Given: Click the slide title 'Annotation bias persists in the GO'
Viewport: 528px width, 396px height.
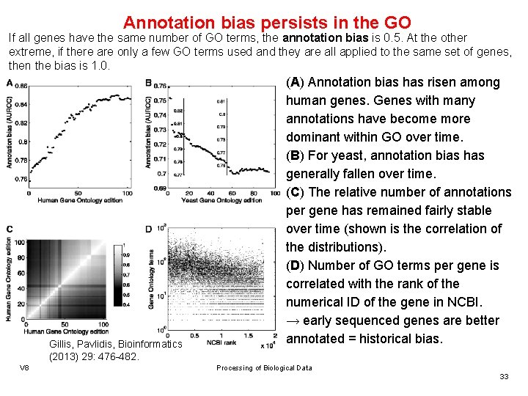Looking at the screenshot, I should pos(267,23).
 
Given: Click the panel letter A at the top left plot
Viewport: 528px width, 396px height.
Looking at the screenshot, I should pos(9,82).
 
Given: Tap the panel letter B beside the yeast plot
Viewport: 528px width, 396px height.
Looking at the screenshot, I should pos(149,83).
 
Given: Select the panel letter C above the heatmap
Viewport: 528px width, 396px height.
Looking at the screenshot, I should pos(9,230).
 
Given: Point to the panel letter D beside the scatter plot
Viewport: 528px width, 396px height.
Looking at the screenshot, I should pos(149,230).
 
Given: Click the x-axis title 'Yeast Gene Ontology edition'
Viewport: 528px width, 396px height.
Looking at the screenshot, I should pos(221,200).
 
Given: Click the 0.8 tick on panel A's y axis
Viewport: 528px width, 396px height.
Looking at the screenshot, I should pos(23,142).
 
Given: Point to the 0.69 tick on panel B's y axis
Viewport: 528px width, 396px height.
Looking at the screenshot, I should pos(160,189).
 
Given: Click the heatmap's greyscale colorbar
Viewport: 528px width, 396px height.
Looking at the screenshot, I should pos(117,274).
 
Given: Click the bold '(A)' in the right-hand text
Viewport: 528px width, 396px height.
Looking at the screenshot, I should pos(295,83).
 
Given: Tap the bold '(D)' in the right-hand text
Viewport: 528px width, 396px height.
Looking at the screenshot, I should pos(295,265).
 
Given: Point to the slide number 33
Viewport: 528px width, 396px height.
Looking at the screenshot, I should pos(504,376).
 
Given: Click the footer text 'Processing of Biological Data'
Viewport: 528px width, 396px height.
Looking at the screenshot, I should pos(263,368).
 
